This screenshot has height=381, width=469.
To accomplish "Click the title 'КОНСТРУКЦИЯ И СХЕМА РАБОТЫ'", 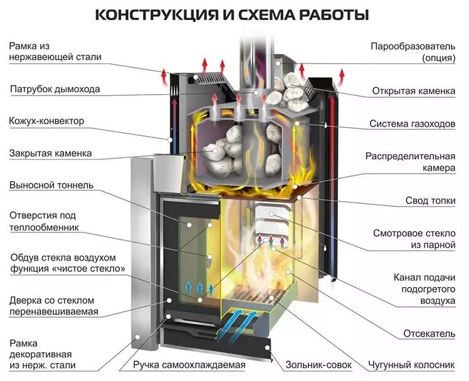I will [231, 14].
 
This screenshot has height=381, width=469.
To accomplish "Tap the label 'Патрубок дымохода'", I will [55, 90].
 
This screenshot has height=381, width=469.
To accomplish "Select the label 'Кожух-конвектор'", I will [46, 121].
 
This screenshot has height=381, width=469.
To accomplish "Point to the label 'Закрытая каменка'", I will [50, 153].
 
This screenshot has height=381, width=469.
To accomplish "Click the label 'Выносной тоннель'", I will [51, 185].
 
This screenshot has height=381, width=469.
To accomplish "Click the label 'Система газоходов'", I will [412, 123].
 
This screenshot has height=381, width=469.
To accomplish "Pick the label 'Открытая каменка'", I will [413, 91].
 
